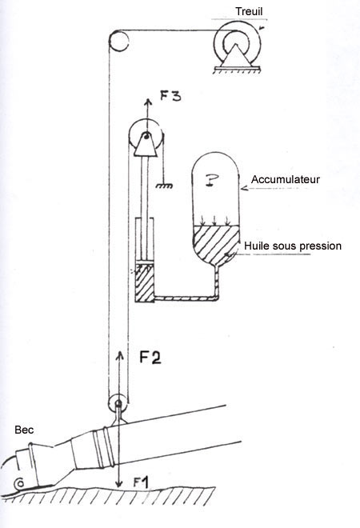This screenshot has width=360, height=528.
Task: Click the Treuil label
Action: pyautogui.click(x=249, y=11)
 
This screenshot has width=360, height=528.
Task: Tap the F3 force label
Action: pyautogui.click(x=170, y=96)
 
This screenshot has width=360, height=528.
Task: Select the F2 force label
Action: pyautogui.click(x=150, y=358)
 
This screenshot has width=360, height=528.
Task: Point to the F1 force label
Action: pyautogui.click(x=141, y=482)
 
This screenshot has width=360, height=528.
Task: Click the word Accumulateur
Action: pyautogui.click(x=286, y=179)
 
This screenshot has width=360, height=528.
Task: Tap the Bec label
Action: pyautogui.click(x=24, y=430)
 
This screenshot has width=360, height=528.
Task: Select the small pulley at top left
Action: pyautogui.click(x=118, y=41)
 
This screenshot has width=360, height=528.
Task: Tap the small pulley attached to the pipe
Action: pyautogui.click(x=118, y=402)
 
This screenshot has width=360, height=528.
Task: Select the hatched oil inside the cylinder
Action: pyautogui.click(x=145, y=283)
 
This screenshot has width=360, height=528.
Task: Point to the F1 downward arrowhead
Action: pyautogui.click(x=118, y=483)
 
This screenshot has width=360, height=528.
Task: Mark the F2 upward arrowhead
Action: pyautogui.click(x=120, y=355)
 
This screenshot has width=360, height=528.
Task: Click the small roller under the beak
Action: pyautogui.click(x=19, y=484)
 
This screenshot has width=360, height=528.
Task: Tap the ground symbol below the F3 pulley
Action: pyautogui.click(x=164, y=186)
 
